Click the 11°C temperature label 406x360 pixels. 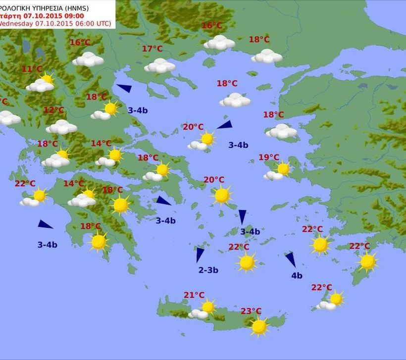(32, 69)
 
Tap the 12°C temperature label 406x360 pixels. (53, 110)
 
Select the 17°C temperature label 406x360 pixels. (152, 49)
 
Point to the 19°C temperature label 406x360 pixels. (269, 157)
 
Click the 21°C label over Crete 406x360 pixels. (194, 295)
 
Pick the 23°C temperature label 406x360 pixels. (251, 311)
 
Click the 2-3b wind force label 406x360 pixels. (208, 270)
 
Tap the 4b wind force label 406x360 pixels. (297, 276)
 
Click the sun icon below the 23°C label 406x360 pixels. (259, 326)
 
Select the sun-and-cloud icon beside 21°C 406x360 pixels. (203, 310)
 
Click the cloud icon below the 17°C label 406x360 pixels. (160, 65)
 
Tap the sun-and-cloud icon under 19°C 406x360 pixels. (278, 171)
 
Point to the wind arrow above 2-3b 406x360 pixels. (200, 254)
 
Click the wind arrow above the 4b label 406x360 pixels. (290, 259)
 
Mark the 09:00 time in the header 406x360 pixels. (73, 15)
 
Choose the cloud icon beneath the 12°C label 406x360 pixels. (61, 127)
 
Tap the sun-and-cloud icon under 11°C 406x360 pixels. (41, 84)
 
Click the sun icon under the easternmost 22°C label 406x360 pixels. (367, 261)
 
